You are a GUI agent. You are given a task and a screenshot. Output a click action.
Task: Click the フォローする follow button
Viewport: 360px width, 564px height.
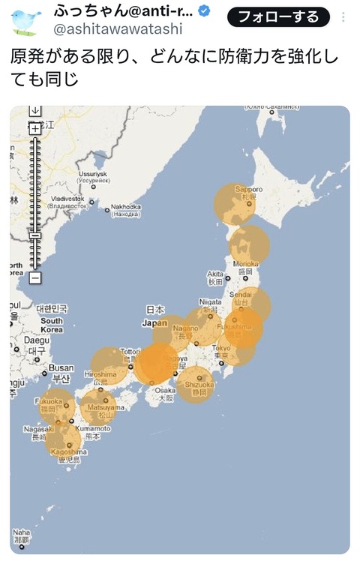(278, 16)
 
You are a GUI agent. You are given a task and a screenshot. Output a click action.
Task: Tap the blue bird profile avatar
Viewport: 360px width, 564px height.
(26, 22)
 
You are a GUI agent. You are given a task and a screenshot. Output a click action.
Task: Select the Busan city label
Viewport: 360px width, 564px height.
(61, 367)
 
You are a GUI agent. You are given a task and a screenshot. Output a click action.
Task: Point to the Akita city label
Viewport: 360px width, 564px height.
(216, 274)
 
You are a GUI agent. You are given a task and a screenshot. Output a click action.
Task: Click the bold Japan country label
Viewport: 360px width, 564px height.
(154, 323)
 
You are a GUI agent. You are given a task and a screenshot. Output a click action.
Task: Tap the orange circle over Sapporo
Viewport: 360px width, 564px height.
(235, 204)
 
